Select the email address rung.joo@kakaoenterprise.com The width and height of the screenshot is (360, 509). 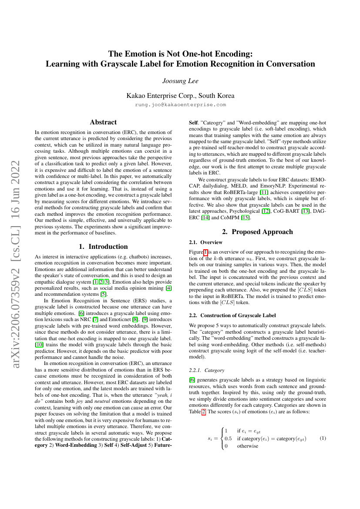tap(180, 104)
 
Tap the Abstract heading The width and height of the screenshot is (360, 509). tap(103, 123)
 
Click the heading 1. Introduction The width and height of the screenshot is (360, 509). tap(103, 247)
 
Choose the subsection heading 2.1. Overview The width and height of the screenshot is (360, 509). tap(206, 242)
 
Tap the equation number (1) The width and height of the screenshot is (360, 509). tap(323, 438)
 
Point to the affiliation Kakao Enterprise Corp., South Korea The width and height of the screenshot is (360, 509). tap(180, 95)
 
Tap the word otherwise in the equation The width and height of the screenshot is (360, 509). tap(247, 446)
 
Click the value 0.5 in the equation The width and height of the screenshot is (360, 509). tap(228, 439)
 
